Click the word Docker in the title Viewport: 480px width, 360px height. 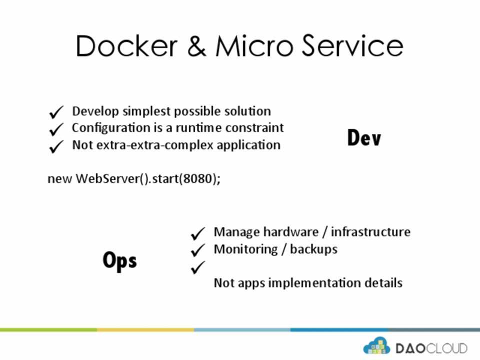126,46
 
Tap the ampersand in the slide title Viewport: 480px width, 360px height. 196,46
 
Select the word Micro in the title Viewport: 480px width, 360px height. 254,46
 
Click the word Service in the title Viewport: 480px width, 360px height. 352,46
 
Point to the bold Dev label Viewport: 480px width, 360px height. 364,137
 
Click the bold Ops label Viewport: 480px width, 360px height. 119,260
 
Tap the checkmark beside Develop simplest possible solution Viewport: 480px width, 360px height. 56,112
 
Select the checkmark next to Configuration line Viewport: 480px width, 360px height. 56,129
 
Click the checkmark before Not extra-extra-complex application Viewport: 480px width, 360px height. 56,146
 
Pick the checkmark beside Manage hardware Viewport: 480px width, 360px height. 198,233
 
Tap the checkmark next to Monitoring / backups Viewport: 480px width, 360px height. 198,250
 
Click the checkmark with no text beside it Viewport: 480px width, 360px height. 198,267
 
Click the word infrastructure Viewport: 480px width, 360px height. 370,231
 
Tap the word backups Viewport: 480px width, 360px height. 313,249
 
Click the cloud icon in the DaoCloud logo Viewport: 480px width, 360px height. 376,346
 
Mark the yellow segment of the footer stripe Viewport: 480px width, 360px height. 145,329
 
